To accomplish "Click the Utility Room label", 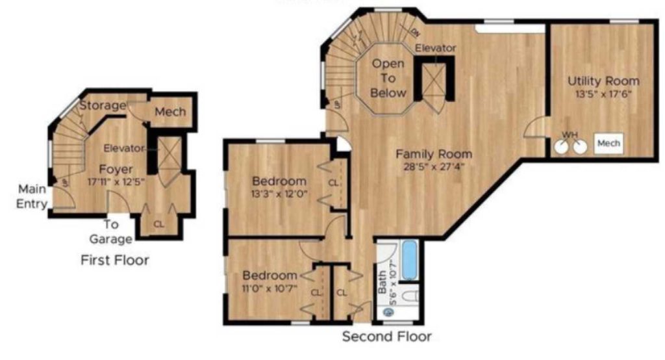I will coord(603,81).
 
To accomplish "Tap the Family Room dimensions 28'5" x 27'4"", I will coord(434,167).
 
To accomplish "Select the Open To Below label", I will coord(388,78).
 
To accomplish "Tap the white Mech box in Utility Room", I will coord(609,143).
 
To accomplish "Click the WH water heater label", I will coord(570,135).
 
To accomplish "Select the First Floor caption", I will coord(115,261).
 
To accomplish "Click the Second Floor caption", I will coord(386,337).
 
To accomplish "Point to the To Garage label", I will coord(112,231).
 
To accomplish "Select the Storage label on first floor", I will coord(103,105).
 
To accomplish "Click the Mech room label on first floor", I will coord(169,112).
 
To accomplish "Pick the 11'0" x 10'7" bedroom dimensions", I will coord(270,288).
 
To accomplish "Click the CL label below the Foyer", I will coord(159,224).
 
